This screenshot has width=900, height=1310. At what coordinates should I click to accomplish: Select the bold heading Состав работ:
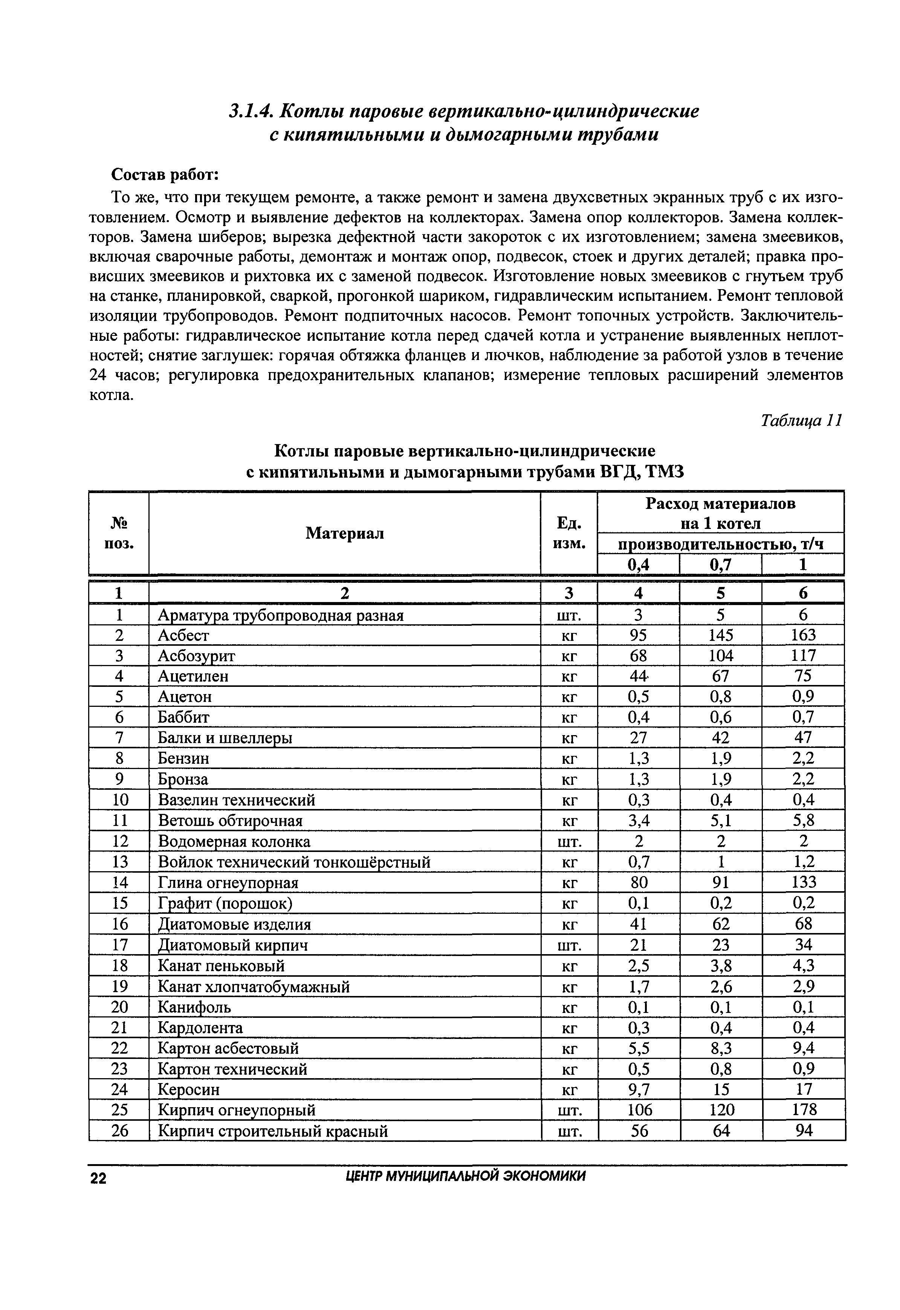[x=165, y=174]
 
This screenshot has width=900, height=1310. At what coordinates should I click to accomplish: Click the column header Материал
[x=345, y=533]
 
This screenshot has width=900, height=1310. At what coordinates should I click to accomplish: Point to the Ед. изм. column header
[x=568, y=533]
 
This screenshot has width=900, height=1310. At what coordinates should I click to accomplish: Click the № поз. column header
[x=119, y=533]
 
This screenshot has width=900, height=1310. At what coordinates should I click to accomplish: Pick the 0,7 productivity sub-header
[x=721, y=564]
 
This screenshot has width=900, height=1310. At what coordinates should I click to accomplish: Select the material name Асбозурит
[x=196, y=656]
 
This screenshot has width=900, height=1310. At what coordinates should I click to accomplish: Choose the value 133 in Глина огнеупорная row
[x=804, y=883]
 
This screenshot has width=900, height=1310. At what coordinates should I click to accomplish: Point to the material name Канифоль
[x=194, y=1007]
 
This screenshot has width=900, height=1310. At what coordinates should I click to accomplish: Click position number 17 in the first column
[x=119, y=945]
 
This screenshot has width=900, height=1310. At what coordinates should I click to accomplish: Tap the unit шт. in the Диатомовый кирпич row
[x=569, y=945]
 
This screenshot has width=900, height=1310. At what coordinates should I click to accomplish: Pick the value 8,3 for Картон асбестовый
[x=721, y=1048]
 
